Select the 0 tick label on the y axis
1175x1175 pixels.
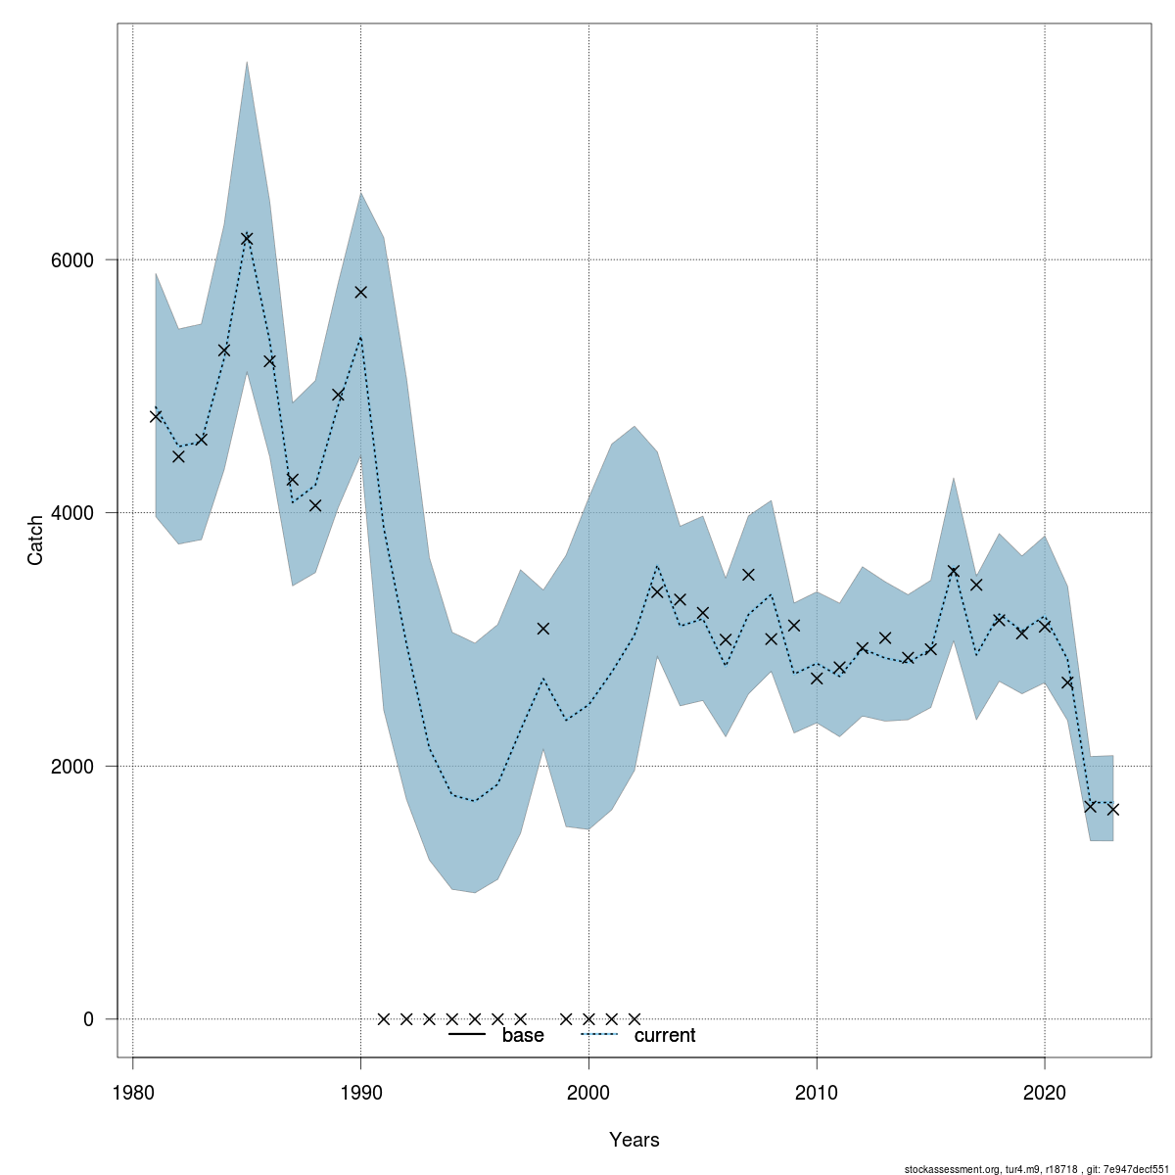(x=88, y=1019)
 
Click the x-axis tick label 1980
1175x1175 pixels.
(x=132, y=1092)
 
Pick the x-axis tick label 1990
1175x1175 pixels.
(x=360, y=1092)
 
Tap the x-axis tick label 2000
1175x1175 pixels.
(x=588, y=1092)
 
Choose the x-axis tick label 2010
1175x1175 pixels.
(x=817, y=1092)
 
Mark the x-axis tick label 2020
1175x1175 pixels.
(x=1045, y=1092)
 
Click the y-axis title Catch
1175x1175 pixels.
(x=35, y=540)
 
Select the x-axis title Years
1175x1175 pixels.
(x=634, y=1140)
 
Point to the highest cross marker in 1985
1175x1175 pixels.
(x=247, y=238)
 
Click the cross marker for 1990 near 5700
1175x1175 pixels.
(x=360, y=292)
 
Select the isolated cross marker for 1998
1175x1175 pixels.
(x=543, y=628)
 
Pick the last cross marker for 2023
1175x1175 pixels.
(x=1113, y=809)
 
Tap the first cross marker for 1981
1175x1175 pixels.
(x=156, y=416)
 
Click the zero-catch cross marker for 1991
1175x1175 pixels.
(x=384, y=1018)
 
